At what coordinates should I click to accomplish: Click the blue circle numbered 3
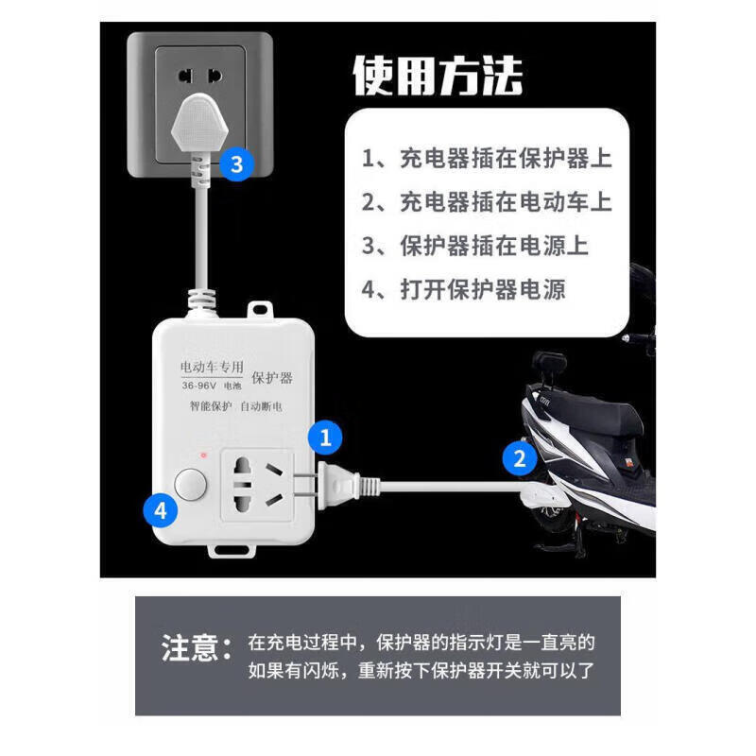(236, 164)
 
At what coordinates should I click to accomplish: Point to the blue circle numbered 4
(161, 511)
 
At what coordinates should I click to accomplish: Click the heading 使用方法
(437, 76)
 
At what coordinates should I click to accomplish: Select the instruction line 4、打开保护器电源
(464, 288)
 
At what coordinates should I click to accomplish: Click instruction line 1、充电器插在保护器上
(487, 158)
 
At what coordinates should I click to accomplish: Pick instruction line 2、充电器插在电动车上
(487, 201)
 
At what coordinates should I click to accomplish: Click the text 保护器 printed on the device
(272, 378)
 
